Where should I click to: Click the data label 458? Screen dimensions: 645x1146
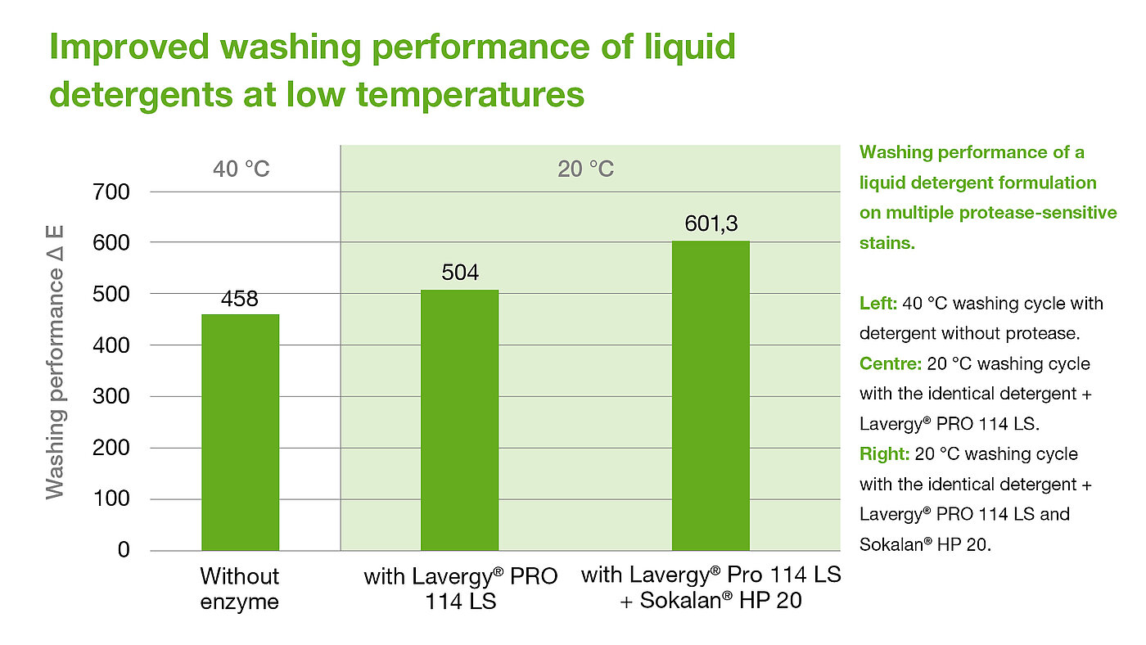(240, 300)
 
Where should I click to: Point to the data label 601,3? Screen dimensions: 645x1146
(711, 224)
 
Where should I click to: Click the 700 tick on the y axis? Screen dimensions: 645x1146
(111, 192)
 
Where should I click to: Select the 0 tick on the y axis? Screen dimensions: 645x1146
(123, 550)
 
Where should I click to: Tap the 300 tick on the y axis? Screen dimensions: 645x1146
(111, 397)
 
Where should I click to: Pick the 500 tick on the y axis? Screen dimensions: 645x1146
(111, 295)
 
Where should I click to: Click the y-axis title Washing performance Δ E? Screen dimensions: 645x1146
(55, 363)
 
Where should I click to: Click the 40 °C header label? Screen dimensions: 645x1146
(241, 169)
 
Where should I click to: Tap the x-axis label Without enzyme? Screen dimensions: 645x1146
(240, 589)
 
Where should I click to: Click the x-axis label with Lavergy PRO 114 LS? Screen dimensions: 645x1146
(460, 589)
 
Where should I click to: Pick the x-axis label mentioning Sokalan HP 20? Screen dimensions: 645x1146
(711, 589)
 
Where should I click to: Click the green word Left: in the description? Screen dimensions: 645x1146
(878, 304)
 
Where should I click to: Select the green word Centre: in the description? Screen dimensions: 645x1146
(884, 363)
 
